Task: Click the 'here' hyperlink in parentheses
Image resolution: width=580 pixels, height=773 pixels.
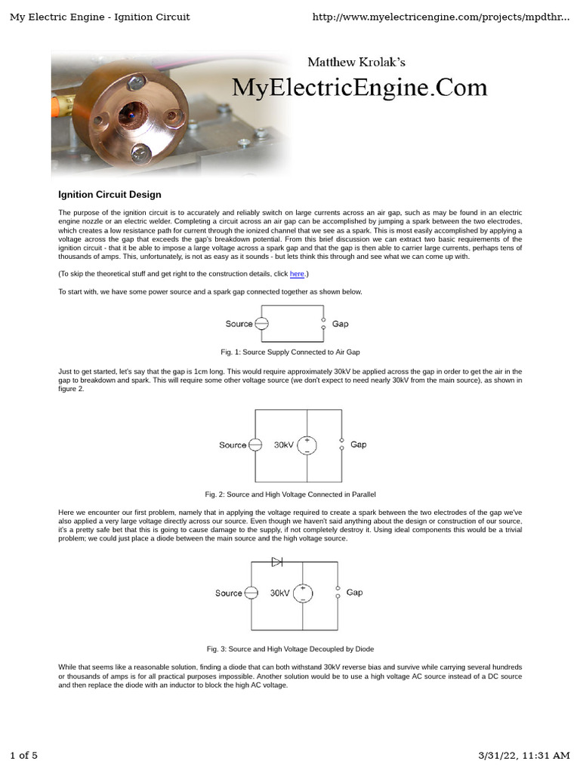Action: (x=297, y=274)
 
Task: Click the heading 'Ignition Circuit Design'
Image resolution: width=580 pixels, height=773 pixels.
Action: (x=110, y=195)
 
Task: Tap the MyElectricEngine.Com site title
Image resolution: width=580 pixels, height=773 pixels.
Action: (x=359, y=88)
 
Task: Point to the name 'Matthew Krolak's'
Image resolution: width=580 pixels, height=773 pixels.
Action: (x=356, y=62)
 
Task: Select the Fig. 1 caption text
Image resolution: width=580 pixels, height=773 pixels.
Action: (x=290, y=352)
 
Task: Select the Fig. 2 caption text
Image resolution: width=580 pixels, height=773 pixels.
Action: (x=290, y=494)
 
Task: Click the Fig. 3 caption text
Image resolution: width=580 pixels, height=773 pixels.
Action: (x=290, y=648)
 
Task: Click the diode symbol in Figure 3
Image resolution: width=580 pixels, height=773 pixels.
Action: (x=277, y=562)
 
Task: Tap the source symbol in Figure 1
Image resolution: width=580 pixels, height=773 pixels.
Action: (x=261, y=324)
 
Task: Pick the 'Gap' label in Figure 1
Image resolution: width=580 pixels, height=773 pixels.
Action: (x=341, y=324)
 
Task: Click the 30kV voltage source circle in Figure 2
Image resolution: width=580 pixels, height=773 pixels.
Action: (x=307, y=445)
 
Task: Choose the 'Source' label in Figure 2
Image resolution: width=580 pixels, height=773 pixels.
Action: (x=233, y=445)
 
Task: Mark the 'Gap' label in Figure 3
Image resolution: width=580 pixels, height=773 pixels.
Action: (x=354, y=593)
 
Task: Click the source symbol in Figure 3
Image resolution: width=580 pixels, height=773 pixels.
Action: (x=251, y=593)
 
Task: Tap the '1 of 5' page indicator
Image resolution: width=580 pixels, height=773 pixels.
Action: (x=23, y=755)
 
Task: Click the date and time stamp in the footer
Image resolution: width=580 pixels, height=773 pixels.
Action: (x=524, y=755)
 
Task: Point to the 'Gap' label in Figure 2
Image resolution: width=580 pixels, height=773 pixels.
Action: (x=358, y=445)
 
